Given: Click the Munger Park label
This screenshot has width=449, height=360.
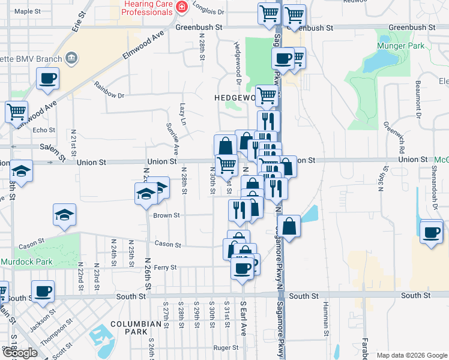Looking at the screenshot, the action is (x=401, y=46).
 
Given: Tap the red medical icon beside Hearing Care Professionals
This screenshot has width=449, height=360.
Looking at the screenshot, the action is (x=182, y=7).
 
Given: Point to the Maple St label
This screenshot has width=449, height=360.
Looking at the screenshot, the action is (x=27, y=11).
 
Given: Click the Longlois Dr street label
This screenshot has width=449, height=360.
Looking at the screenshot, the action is (x=208, y=11).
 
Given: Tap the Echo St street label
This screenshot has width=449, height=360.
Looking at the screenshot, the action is (x=44, y=130).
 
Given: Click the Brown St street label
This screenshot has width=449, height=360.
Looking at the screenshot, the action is (x=166, y=215).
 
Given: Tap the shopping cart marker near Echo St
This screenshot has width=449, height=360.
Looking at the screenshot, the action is (x=17, y=111).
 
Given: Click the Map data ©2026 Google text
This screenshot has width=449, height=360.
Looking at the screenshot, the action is (x=412, y=355).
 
